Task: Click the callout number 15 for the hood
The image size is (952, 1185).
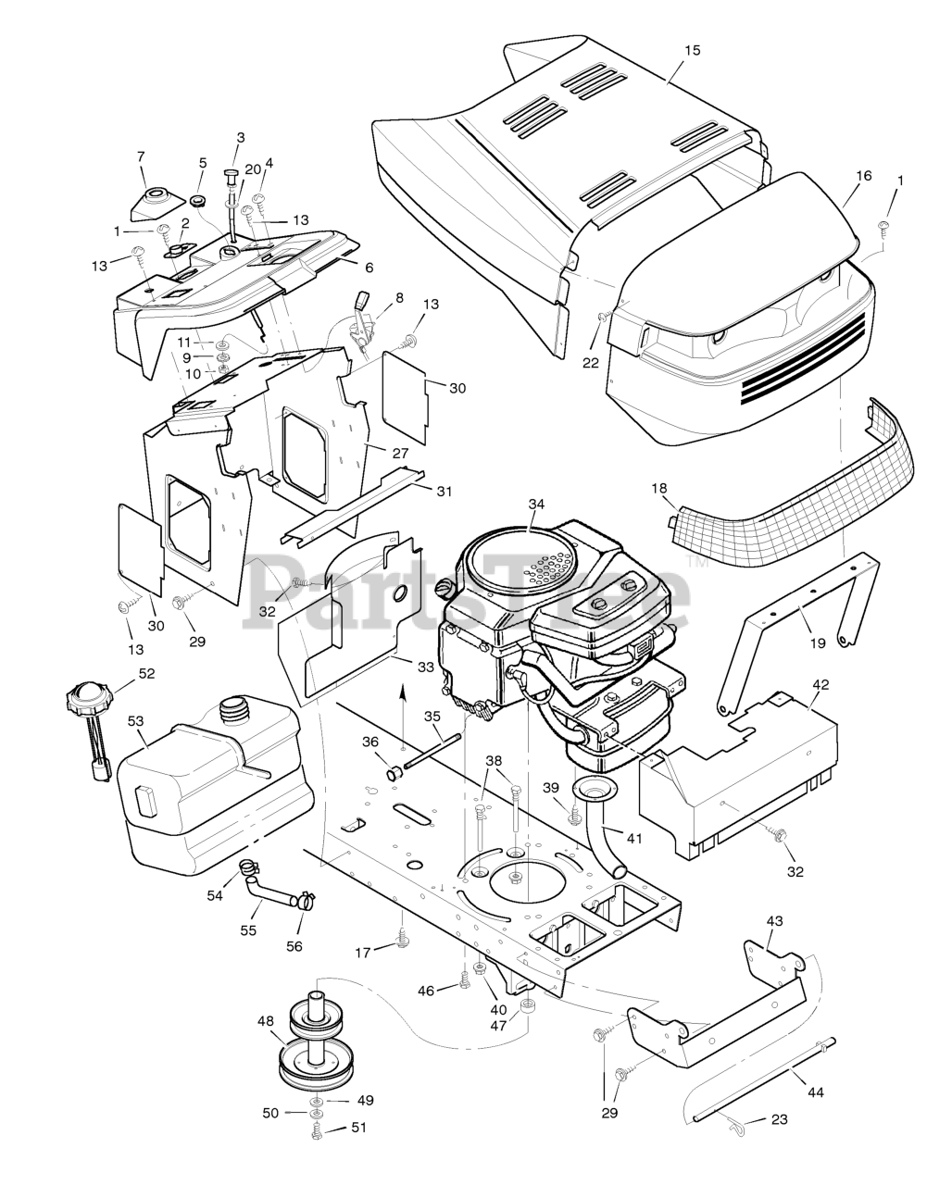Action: click(692, 49)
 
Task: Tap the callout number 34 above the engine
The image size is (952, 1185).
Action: click(537, 504)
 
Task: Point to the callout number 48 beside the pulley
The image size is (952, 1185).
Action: click(266, 1021)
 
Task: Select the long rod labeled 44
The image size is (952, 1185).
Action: click(759, 1083)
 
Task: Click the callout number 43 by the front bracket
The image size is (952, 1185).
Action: click(774, 921)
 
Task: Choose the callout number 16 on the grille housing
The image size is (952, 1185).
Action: click(863, 174)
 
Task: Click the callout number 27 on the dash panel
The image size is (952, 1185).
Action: click(399, 454)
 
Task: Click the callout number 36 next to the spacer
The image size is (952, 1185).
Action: click(370, 742)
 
